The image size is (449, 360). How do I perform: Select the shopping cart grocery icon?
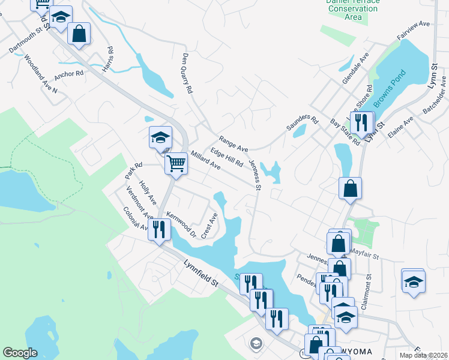point(176,163)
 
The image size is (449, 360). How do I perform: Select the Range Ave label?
point(234,143)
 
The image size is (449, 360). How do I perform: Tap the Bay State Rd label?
point(345,132)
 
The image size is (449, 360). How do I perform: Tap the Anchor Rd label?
point(68,75)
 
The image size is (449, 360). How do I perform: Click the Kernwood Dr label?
point(181,224)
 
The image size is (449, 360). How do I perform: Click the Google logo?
point(20,353)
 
